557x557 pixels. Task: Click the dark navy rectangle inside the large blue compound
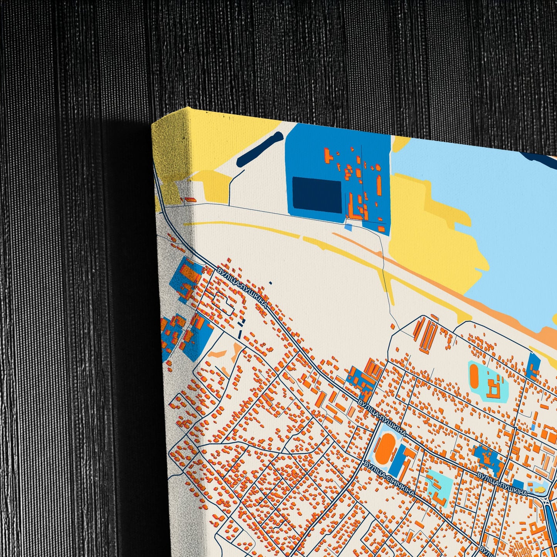coord(317,195)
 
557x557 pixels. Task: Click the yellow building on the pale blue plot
coord(540,490)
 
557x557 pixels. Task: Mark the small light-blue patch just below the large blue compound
coord(348,227)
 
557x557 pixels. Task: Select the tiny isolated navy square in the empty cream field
coord(270,283)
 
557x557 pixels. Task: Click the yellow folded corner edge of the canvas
coord(170,154)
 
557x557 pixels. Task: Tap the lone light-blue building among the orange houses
coord(533,427)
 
